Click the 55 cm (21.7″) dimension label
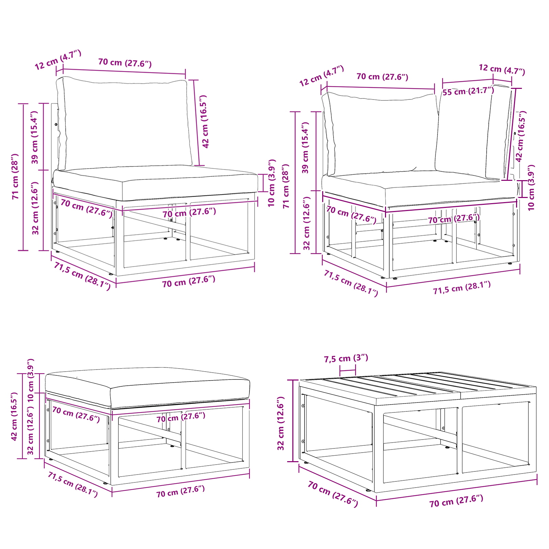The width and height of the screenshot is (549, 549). (468, 91)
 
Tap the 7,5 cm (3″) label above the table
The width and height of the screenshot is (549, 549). (346, 358)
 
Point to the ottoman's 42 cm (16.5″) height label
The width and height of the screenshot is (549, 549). (14, 417)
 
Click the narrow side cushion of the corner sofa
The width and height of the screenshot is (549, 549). (474, 132)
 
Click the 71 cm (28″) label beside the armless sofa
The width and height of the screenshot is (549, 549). (15, 176)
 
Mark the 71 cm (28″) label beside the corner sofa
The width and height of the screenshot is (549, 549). (286, 186)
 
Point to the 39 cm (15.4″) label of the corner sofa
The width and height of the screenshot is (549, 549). (305, 148)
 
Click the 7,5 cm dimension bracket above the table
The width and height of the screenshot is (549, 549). (348, 371)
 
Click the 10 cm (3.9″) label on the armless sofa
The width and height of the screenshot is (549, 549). (272, 183)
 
